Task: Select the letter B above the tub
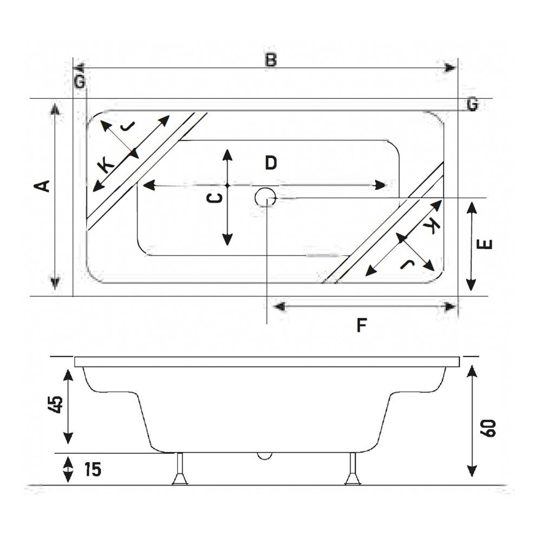tap(271, 60)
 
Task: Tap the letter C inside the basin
tap(215, 198)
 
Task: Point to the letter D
tap(271, 162)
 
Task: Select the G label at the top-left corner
tap(80, 82)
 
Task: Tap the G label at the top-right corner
tap(472, 104)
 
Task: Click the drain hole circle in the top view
tap(265, 197)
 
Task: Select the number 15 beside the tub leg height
tap(93, 469)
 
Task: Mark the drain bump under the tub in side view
tap(265, 455)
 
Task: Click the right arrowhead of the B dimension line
tap(449, 68)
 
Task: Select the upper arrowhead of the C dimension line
tap(227, 154)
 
